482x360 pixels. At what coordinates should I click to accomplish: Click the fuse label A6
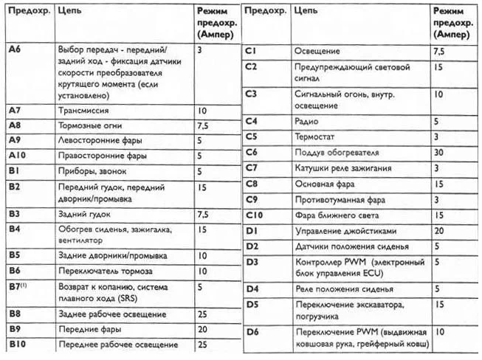click(14, 49)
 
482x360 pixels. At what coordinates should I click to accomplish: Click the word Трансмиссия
click(83, 110)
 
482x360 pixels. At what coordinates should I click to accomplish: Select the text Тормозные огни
click(90, 125)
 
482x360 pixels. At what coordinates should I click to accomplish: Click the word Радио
click(306, 121)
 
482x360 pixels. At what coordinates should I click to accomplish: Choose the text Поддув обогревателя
click(336, 153)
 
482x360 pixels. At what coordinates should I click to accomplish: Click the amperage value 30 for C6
click(439, 153)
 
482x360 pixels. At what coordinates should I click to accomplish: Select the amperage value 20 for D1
click(439, 231)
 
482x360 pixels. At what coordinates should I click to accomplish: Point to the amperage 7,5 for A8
click(203, 126)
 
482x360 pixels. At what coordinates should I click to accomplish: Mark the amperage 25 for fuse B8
click(202, 314)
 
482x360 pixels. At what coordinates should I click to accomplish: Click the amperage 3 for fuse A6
click(200, 49)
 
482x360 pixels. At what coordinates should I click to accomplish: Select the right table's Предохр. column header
click(264, 12)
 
